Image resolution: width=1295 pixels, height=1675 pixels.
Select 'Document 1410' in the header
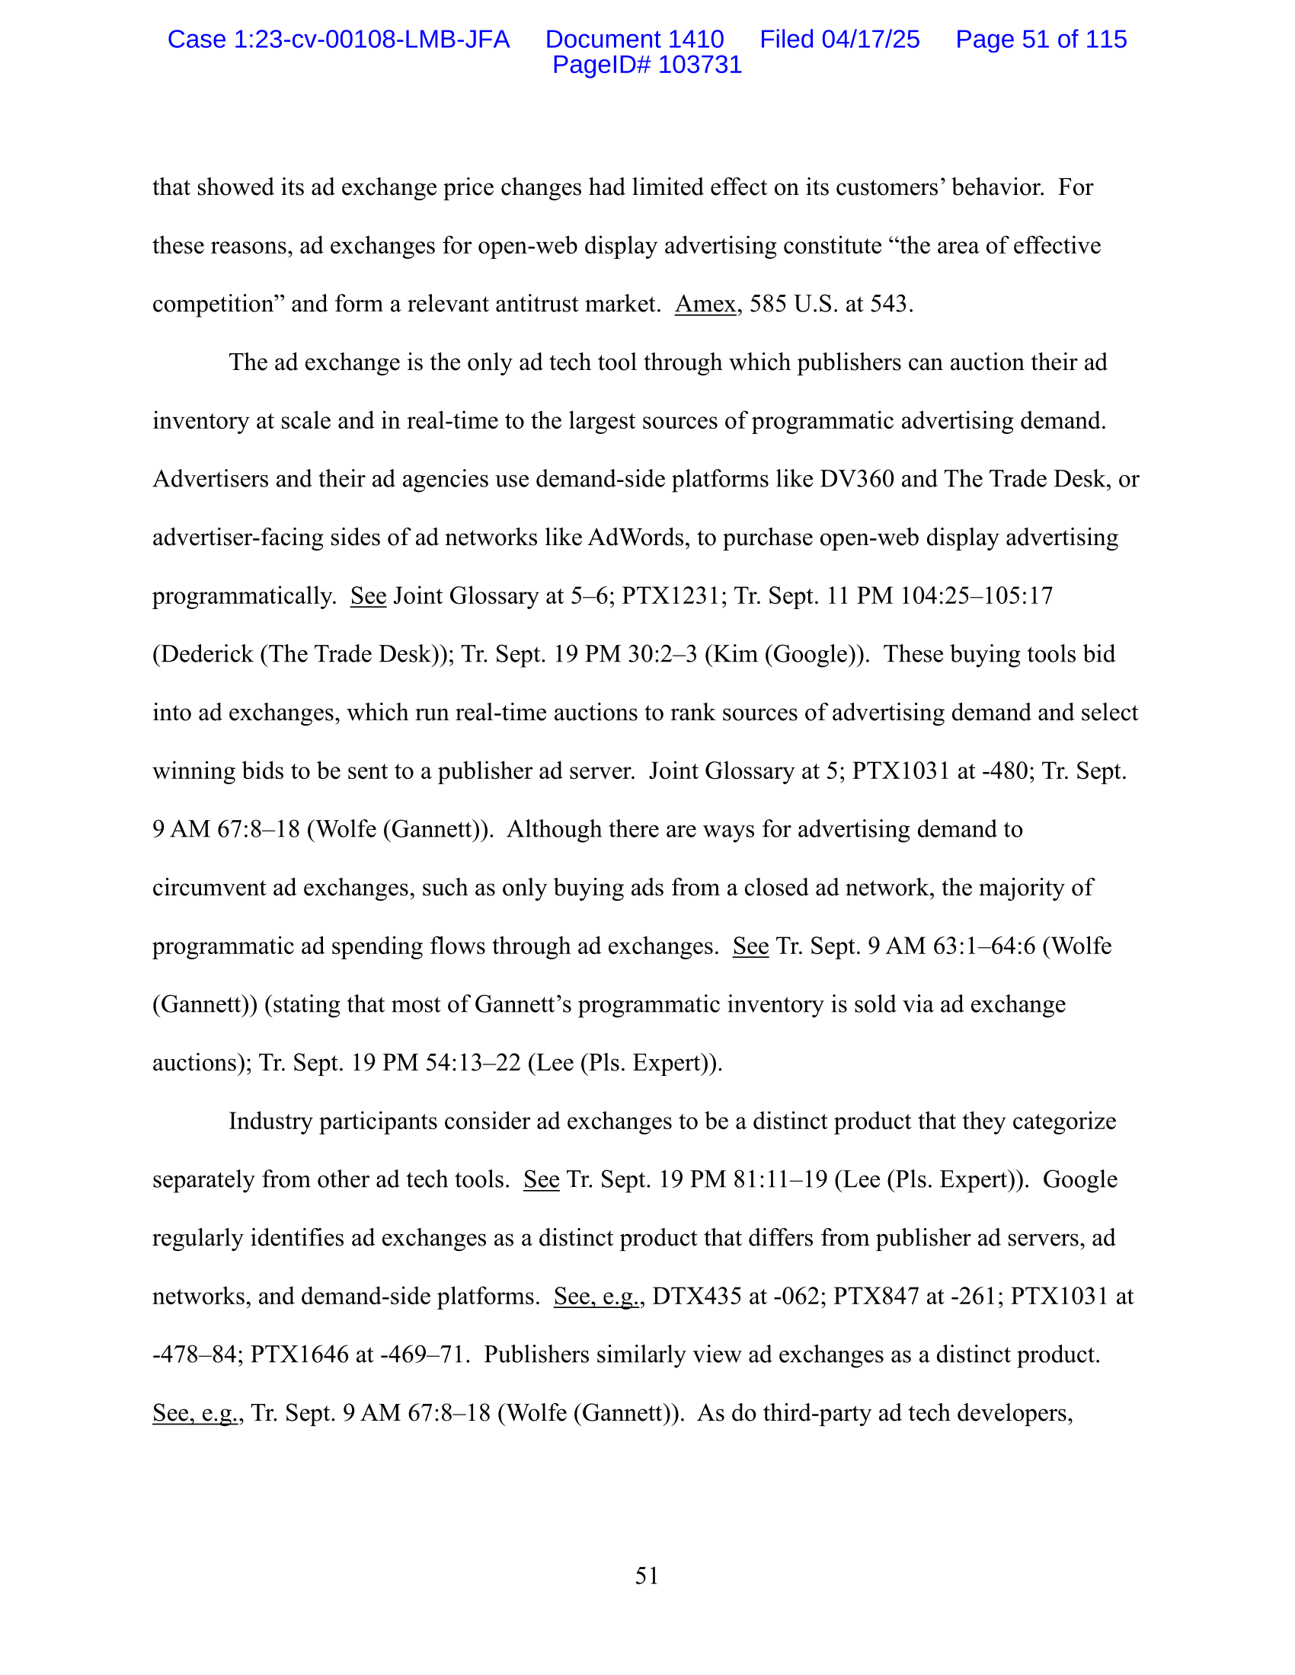coord(634,39)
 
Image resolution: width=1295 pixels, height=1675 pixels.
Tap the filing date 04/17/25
coord(870,39)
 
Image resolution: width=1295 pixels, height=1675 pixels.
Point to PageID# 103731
coord(647,65)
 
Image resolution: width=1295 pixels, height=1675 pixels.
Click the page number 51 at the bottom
coord(647,1576)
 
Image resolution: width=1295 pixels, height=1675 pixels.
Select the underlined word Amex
coord(705,305)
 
